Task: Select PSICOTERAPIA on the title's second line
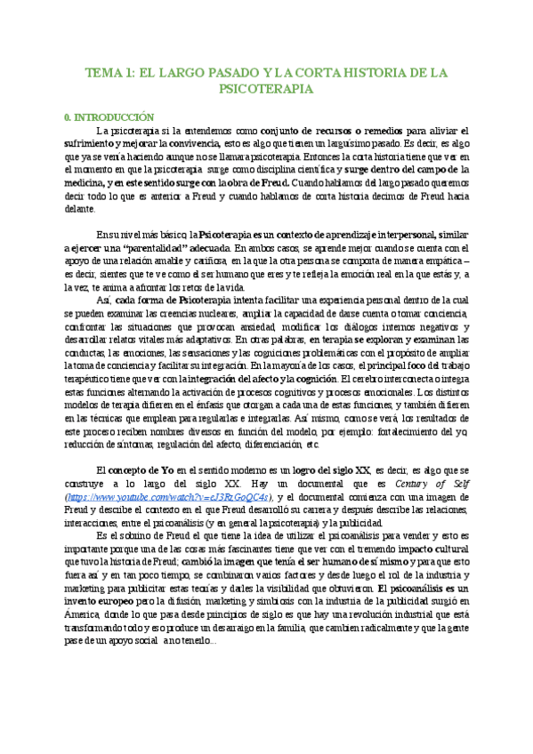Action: tap(265, 89)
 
